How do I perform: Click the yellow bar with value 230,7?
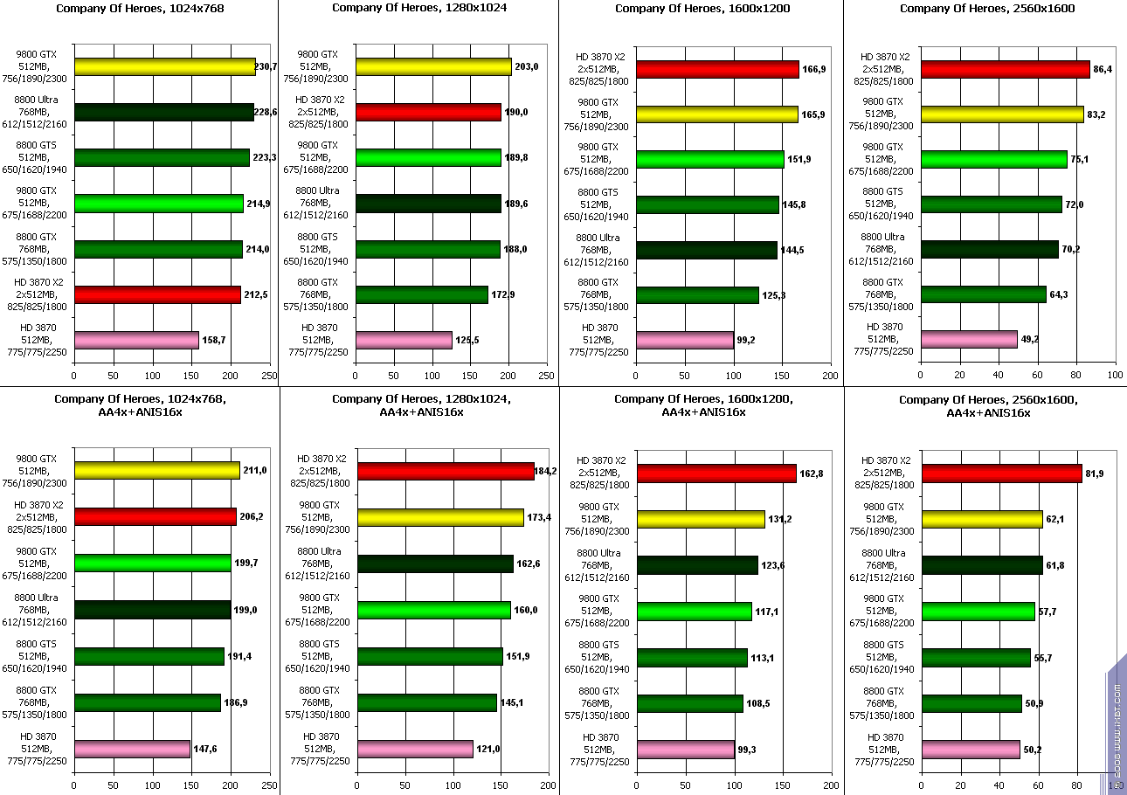click(164, 66)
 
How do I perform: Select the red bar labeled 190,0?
click(428, 112)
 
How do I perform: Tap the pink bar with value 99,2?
click(685, 340)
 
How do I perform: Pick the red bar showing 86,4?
click(1006, 69)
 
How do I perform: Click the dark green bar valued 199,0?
click(153, 609)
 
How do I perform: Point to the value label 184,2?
click(546, 472)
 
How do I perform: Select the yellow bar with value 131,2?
click(701, 519)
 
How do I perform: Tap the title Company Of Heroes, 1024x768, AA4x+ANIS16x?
click(140, 405)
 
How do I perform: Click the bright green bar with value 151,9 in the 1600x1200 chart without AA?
click(710, 159)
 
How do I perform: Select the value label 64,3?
click(1060, 294)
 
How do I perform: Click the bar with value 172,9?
click(422, 294)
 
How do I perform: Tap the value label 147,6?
click(205, 749)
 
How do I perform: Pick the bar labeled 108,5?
click(690, 703)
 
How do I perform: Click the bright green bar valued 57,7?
click(978, 611)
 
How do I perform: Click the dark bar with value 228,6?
click(164, 112)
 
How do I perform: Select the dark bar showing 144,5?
click(707, 250)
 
